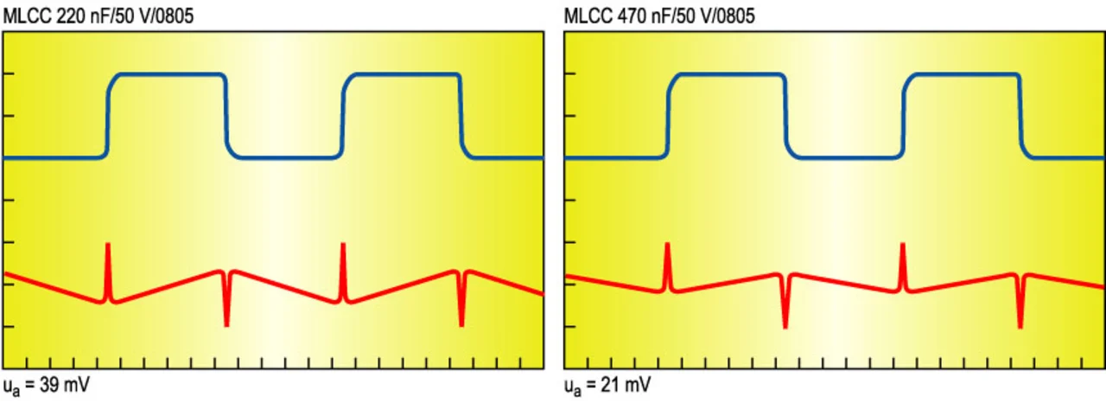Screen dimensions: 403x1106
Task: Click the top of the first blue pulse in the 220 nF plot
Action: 168,74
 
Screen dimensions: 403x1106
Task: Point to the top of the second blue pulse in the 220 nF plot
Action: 403,74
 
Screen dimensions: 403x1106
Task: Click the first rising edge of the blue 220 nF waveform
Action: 108,117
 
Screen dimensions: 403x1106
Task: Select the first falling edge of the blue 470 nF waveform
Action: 786,117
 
